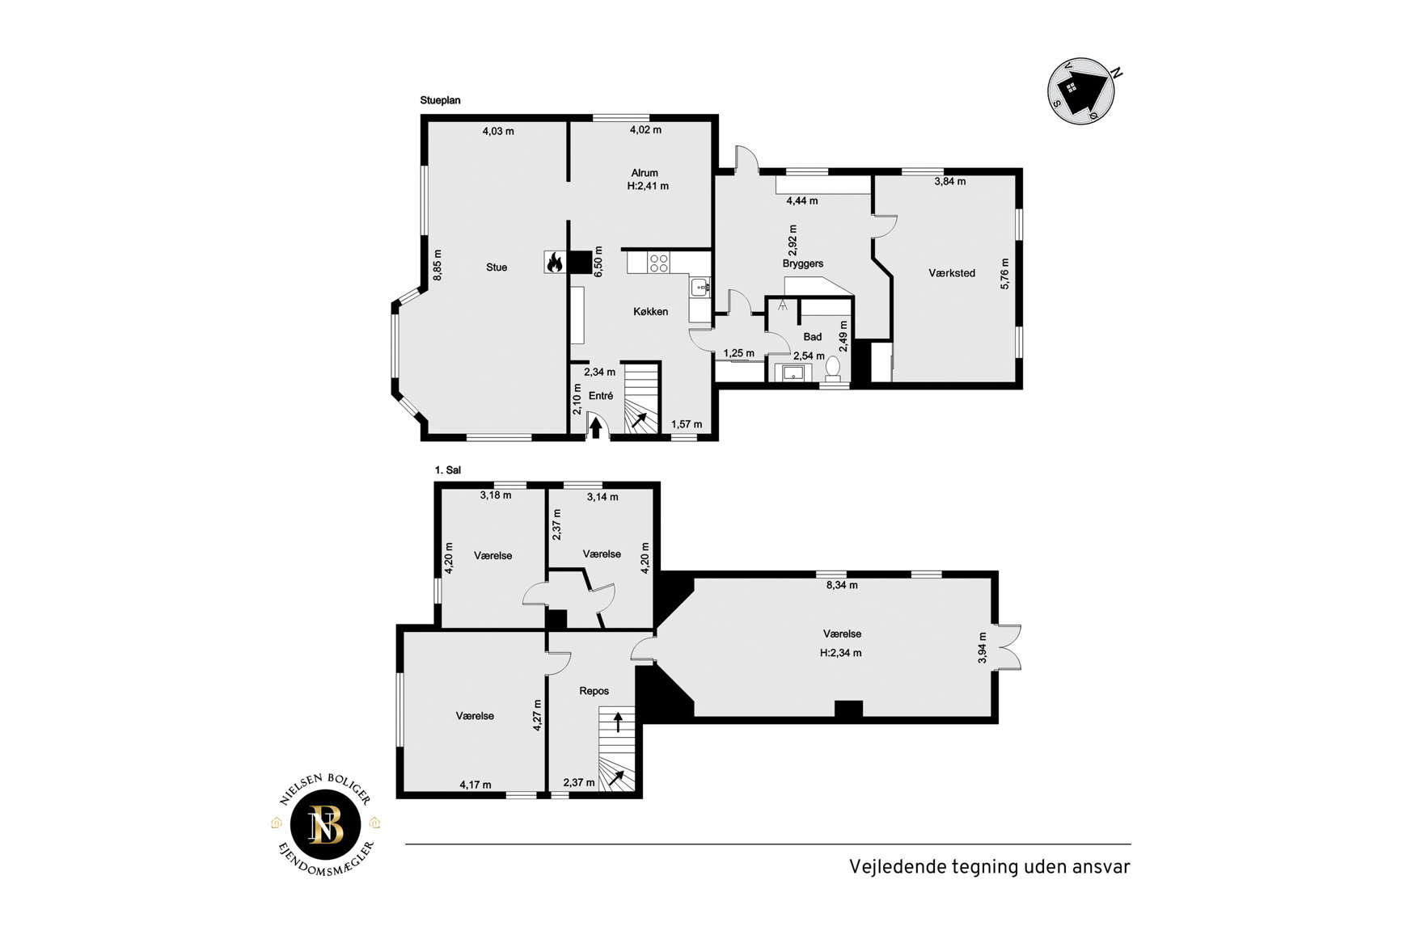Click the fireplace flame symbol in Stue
tap(555, 262)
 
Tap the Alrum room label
tap(645, 173)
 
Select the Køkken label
tap(651, 311)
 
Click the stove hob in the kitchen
tap(659, 262)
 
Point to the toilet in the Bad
tap(833, 369)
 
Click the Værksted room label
tap(952, 273)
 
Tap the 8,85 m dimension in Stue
tap(437, 263)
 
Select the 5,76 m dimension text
tap(1005, 274)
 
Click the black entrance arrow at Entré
tap(596, 428)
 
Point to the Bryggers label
tap(803, 263)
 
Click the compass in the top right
tap(1082, 90)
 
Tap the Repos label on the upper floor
tap(594, 691)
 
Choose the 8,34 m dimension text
tap(842, 585)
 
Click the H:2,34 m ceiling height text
tap(841, 653)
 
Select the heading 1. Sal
tap(448, 470)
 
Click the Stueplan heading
tap(440, 101)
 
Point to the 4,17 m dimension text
tap(476, 784)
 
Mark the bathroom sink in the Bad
tap(793, 373)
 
